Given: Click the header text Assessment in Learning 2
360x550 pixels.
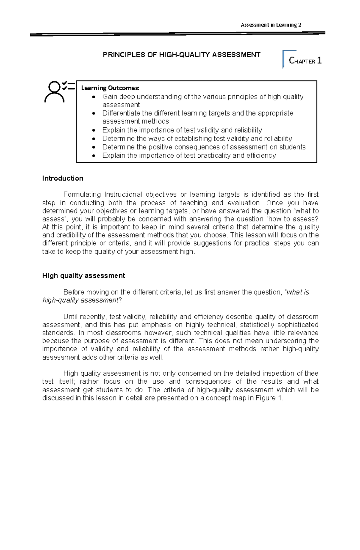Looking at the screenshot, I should coord(271,25).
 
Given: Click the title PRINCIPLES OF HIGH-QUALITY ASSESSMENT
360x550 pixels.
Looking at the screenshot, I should coord(181,55).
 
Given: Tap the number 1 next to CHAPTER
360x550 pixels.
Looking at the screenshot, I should coord(319,61).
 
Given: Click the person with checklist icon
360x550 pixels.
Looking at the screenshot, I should coord(59,91).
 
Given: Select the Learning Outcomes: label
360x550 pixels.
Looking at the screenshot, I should coord(110,88).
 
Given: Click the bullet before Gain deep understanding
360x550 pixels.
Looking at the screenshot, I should coord(94,97).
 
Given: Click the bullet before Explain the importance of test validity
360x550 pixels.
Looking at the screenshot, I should coord(94,130).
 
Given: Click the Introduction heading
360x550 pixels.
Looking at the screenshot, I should coord(63,178).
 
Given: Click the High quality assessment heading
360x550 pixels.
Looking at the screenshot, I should coord(83,276).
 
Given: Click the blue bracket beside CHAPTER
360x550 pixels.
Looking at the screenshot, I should coord(284,58).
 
